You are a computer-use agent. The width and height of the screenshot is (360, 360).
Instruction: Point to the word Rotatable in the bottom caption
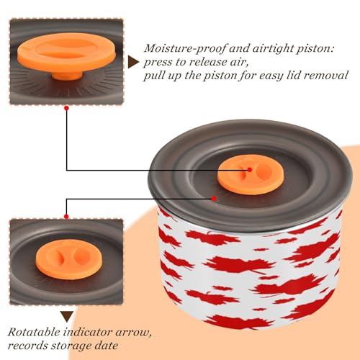tap(34, 332)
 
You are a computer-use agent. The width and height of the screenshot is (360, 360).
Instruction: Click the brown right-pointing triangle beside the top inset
tap(133, 62)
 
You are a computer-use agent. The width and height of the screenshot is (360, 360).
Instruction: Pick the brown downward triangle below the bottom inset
tap(67, 317)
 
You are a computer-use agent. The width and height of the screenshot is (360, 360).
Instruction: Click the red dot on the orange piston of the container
tap(250, 170)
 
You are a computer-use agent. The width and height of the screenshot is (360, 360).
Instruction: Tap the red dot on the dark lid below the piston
tap(214, 198)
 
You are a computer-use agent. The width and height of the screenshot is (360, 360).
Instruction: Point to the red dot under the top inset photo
tap(66, 108)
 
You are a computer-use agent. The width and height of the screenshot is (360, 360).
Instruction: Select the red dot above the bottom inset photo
tap(66, 217)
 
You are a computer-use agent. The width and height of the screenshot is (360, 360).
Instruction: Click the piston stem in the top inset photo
tap(67, 76)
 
